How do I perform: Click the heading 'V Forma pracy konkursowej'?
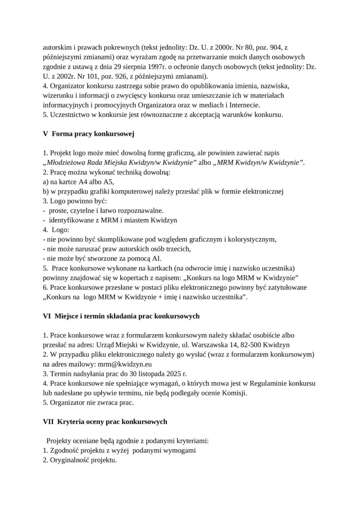point(89,134)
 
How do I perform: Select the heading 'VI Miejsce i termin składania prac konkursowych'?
point(121,316)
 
